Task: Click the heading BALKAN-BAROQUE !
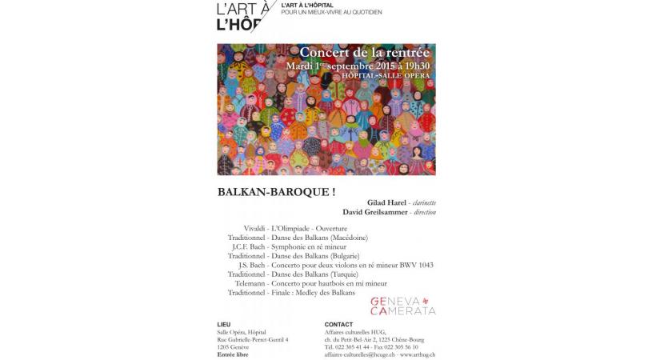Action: [265, 192]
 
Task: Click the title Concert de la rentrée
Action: [365, 53]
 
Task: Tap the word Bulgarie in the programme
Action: [340, 255]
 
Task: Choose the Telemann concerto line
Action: [311, 283]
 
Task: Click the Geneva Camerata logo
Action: [403, 305]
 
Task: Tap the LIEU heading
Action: [224, 324]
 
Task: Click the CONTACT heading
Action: [339, 324]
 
